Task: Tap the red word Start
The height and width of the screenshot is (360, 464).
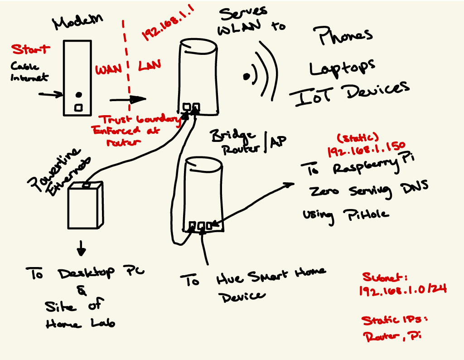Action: pyautogui.click(x=30, y=49)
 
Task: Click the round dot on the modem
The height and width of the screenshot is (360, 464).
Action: pyautogui.click(x=78, y=95)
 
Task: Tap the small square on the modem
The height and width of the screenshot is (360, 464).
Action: pyautogui.click(x=78, y=107)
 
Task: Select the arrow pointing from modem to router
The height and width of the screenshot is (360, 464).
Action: pyautogui.click(x=128, y=99)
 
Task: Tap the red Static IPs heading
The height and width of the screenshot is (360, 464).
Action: pyautogui.click(x=394, y=320)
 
